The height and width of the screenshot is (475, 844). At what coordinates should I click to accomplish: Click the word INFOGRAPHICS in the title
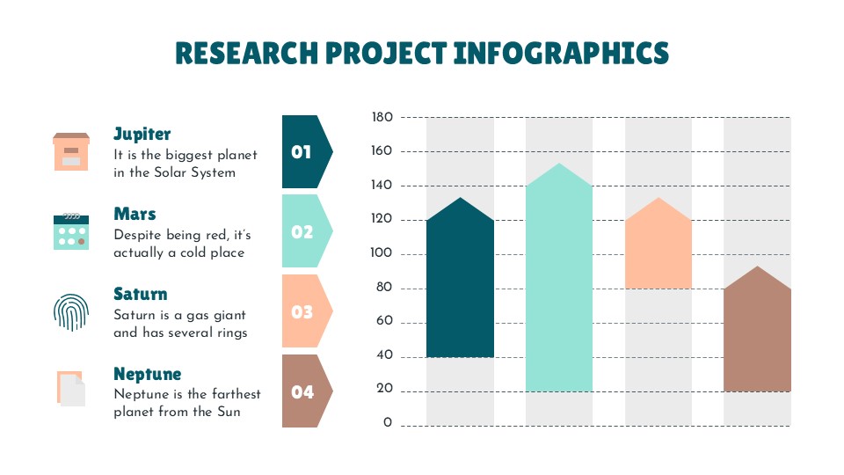560,54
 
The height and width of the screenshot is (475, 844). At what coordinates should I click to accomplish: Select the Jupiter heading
142,134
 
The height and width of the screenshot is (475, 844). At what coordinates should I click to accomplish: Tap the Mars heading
135,214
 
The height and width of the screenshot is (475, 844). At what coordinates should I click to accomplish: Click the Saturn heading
140,294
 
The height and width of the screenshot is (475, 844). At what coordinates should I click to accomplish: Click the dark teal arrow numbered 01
304,152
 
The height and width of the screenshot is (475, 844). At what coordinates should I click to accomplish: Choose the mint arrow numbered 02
304,231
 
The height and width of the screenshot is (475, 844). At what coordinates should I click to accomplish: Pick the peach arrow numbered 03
304,311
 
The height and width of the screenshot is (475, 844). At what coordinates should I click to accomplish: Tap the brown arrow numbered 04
304,391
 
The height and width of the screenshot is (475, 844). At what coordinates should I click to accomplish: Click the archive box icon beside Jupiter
71,151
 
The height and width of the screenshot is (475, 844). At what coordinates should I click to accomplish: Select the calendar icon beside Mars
71,231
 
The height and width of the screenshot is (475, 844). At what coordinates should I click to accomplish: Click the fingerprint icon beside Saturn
71,311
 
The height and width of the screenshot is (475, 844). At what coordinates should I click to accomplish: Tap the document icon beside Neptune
71,389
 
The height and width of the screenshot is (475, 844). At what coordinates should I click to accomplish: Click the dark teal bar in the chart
460,281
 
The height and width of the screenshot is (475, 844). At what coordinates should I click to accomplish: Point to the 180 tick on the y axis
382,117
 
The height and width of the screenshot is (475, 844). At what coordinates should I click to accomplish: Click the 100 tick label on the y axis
382,254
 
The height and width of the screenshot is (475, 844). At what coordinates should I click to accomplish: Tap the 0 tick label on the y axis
387,423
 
